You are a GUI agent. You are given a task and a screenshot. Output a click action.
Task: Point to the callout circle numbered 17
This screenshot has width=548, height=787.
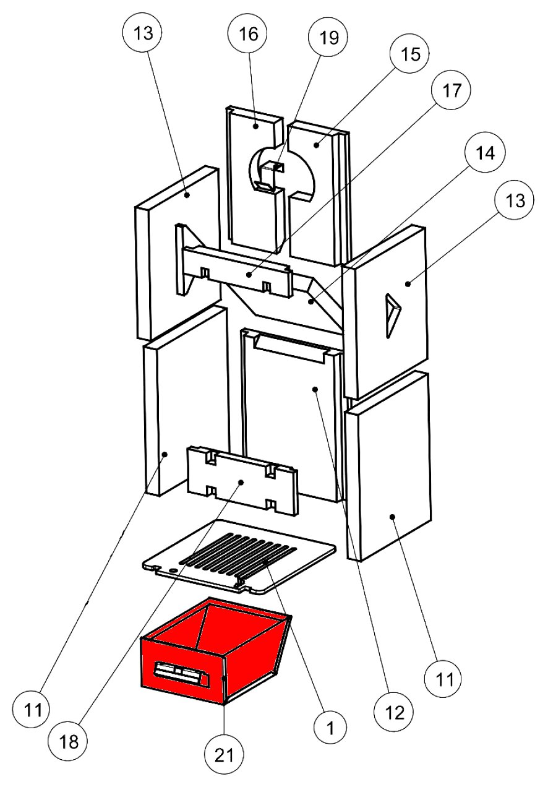[451, 91]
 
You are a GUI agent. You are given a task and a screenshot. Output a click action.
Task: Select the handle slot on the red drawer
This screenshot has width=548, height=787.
[179, 673]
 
